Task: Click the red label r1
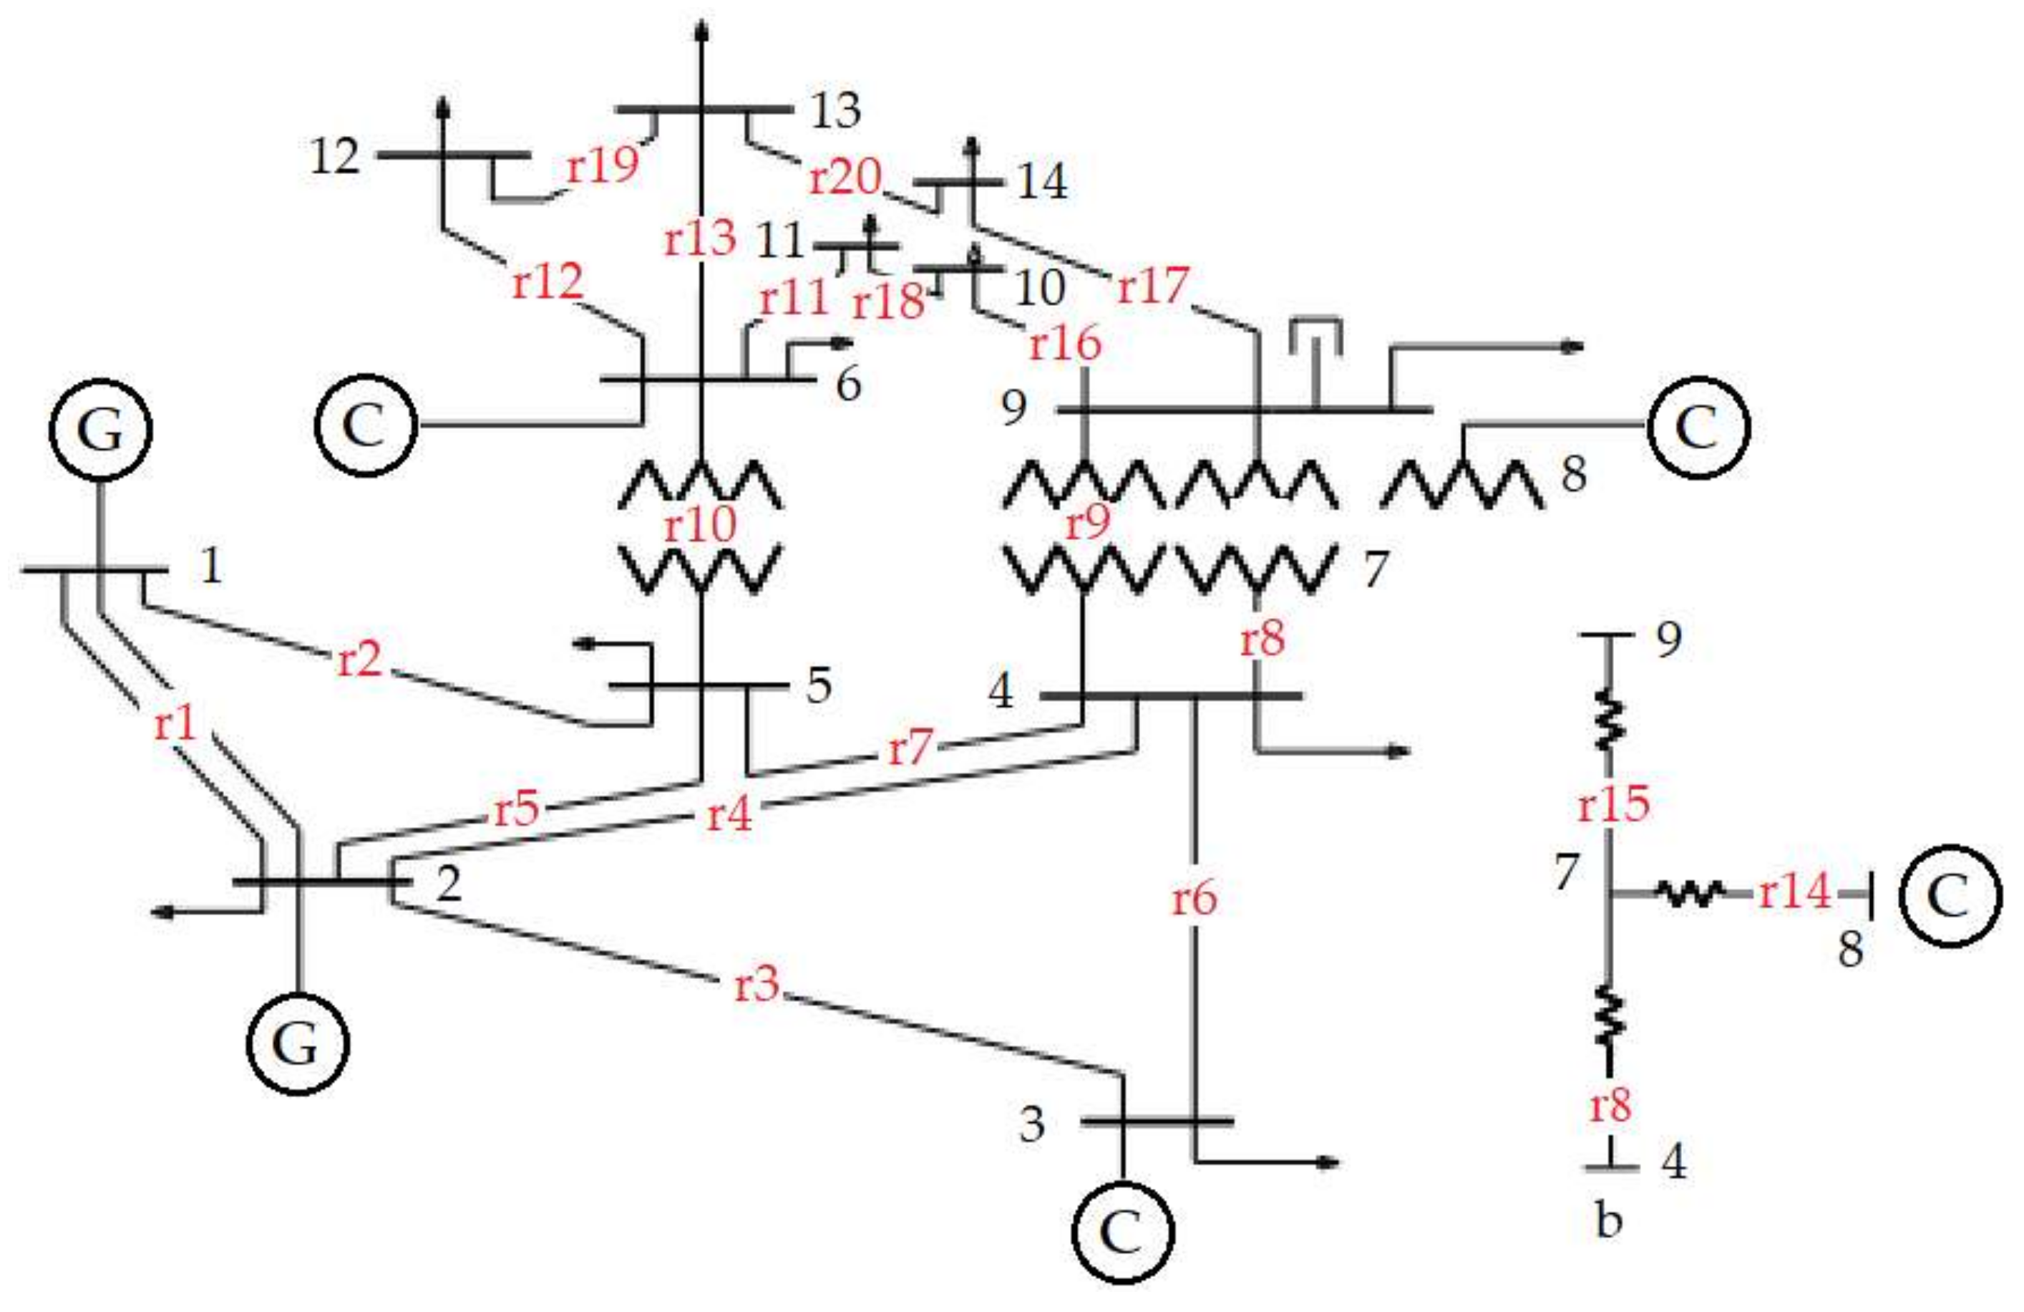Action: [x=175, y=725]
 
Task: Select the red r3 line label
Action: [x=756, y=985]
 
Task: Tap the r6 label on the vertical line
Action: [x=1195, y=899]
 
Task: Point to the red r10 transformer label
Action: [x=699, y=525]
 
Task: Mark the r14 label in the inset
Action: [x=1794, y=892]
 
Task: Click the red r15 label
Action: [x=1613, y=804]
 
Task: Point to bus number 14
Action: [x=1042, y=182]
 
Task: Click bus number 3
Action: [x=1031, y=1125]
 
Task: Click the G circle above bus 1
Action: [x=100, y=430]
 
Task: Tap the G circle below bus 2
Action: [x=297, y=1045]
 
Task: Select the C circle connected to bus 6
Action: [x=366, y=425]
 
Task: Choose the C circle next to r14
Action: [x=1951, y=896]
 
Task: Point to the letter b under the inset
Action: [x=1608, y=1221]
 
